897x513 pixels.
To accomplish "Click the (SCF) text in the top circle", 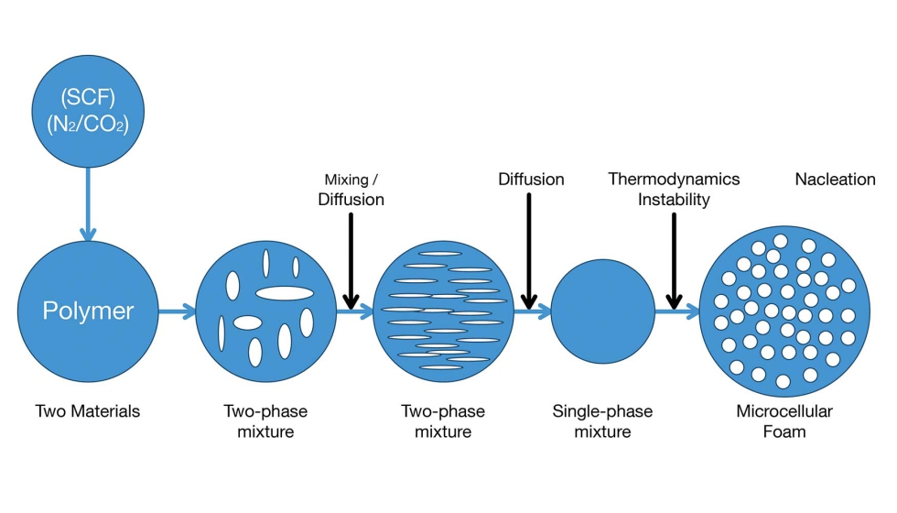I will point(88,95).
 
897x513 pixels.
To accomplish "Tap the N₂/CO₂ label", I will point(88,123).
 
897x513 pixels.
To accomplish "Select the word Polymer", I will point(88,311).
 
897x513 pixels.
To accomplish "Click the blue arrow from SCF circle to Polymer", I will point(88,206).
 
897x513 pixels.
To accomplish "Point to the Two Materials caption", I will point(88,411).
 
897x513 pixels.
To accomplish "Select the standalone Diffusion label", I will point(531,179).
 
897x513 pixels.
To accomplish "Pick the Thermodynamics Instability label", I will point(674,189).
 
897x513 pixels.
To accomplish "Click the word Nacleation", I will point(835,180).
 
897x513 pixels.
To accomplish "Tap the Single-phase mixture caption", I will point(602,420).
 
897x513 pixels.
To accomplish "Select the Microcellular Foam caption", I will point(784,420).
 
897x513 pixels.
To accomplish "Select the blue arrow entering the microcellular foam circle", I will point(677,312).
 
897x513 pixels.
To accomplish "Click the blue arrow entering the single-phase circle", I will point(531,312).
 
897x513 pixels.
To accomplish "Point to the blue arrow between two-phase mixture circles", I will point(352,312).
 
